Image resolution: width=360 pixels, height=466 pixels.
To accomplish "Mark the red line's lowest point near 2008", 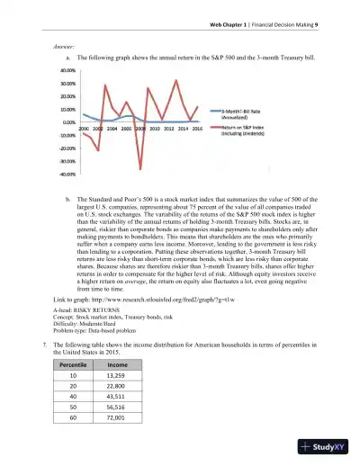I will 140,168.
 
